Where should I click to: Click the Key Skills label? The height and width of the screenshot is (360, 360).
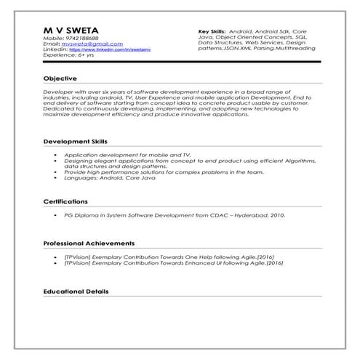(211, 33)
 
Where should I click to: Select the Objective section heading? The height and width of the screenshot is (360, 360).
(60, 78)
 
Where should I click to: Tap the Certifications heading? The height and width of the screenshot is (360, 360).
(65, 201)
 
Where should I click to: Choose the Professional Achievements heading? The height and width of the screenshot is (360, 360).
(88, 242)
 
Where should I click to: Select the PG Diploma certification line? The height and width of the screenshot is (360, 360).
(175, 216)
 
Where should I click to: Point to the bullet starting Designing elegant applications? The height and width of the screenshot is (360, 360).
(190, 161)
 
